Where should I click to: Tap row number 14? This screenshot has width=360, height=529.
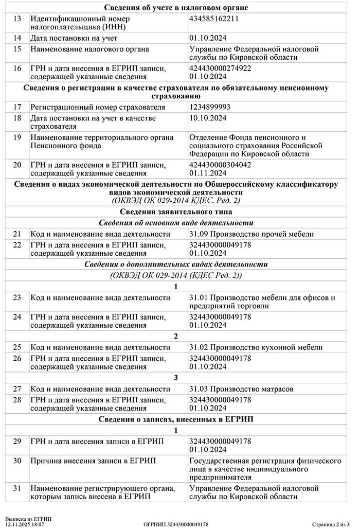(17, 38)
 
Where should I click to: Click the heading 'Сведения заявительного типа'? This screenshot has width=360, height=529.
(176, 212)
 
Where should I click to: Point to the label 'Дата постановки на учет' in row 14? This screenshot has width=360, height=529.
(74, 38)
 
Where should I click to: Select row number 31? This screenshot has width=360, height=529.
(17, 488)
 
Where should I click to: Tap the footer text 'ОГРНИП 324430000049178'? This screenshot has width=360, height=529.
(176, 524)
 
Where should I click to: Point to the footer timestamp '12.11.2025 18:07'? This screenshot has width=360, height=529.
(25, 524)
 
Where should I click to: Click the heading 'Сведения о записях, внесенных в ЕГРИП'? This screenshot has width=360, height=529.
(176, 419)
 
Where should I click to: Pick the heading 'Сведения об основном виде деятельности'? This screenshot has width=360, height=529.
(176, 223)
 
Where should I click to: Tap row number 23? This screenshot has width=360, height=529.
(17, 297)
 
